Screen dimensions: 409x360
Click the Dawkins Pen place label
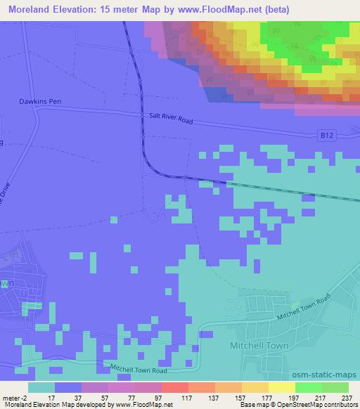[x=41, y=101]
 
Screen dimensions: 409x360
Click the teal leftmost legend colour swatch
[x=41, y=387]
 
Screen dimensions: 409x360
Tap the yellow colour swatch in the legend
[x=281, y=387]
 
